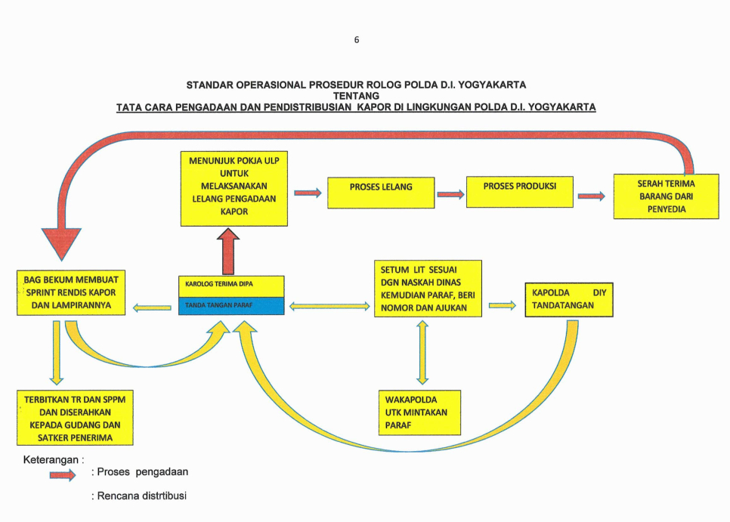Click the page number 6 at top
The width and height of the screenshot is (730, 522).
click(x=356, y=40)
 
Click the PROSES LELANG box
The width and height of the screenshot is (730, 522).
click(x=381, y=192)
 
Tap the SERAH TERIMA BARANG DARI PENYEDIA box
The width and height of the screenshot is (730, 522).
click(x=666, y=196)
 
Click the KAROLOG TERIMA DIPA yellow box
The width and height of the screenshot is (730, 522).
click(x=230, y=286)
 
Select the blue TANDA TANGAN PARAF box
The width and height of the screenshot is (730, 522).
click(x=230, y=305)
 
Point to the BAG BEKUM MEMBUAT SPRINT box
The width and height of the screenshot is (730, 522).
click(x=72, y=293)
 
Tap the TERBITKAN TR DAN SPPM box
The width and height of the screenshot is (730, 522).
click(x=75, y=418)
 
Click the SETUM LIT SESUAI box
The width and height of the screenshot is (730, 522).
click(x=428, y=289)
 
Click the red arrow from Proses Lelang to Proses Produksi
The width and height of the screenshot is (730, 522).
click(x=450, y=195)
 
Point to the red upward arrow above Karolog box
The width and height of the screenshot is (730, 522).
click(x=228, y=253)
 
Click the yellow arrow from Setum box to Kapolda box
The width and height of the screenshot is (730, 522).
click(x=502, y=306)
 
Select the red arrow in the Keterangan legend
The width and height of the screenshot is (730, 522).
click(x=62, y=474)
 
